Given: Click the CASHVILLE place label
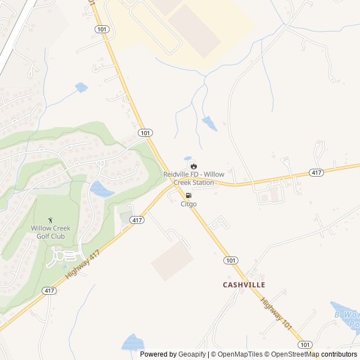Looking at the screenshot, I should pos(244,285).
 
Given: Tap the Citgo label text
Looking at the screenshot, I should pos(188,204).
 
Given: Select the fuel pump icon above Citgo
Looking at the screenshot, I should pos(188,195).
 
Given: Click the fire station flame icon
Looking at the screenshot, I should pos(193,166).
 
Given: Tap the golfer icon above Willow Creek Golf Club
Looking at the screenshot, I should pos(52,219).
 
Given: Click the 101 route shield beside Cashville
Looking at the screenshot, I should pos(230,260).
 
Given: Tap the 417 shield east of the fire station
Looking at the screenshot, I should pos(317,173).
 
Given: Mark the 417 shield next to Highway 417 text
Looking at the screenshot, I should pos(49,291).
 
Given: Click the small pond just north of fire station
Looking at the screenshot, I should pos(188,159).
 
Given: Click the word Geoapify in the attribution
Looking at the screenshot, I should pos(192,354).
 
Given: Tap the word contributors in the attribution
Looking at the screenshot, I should pos(339,354).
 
